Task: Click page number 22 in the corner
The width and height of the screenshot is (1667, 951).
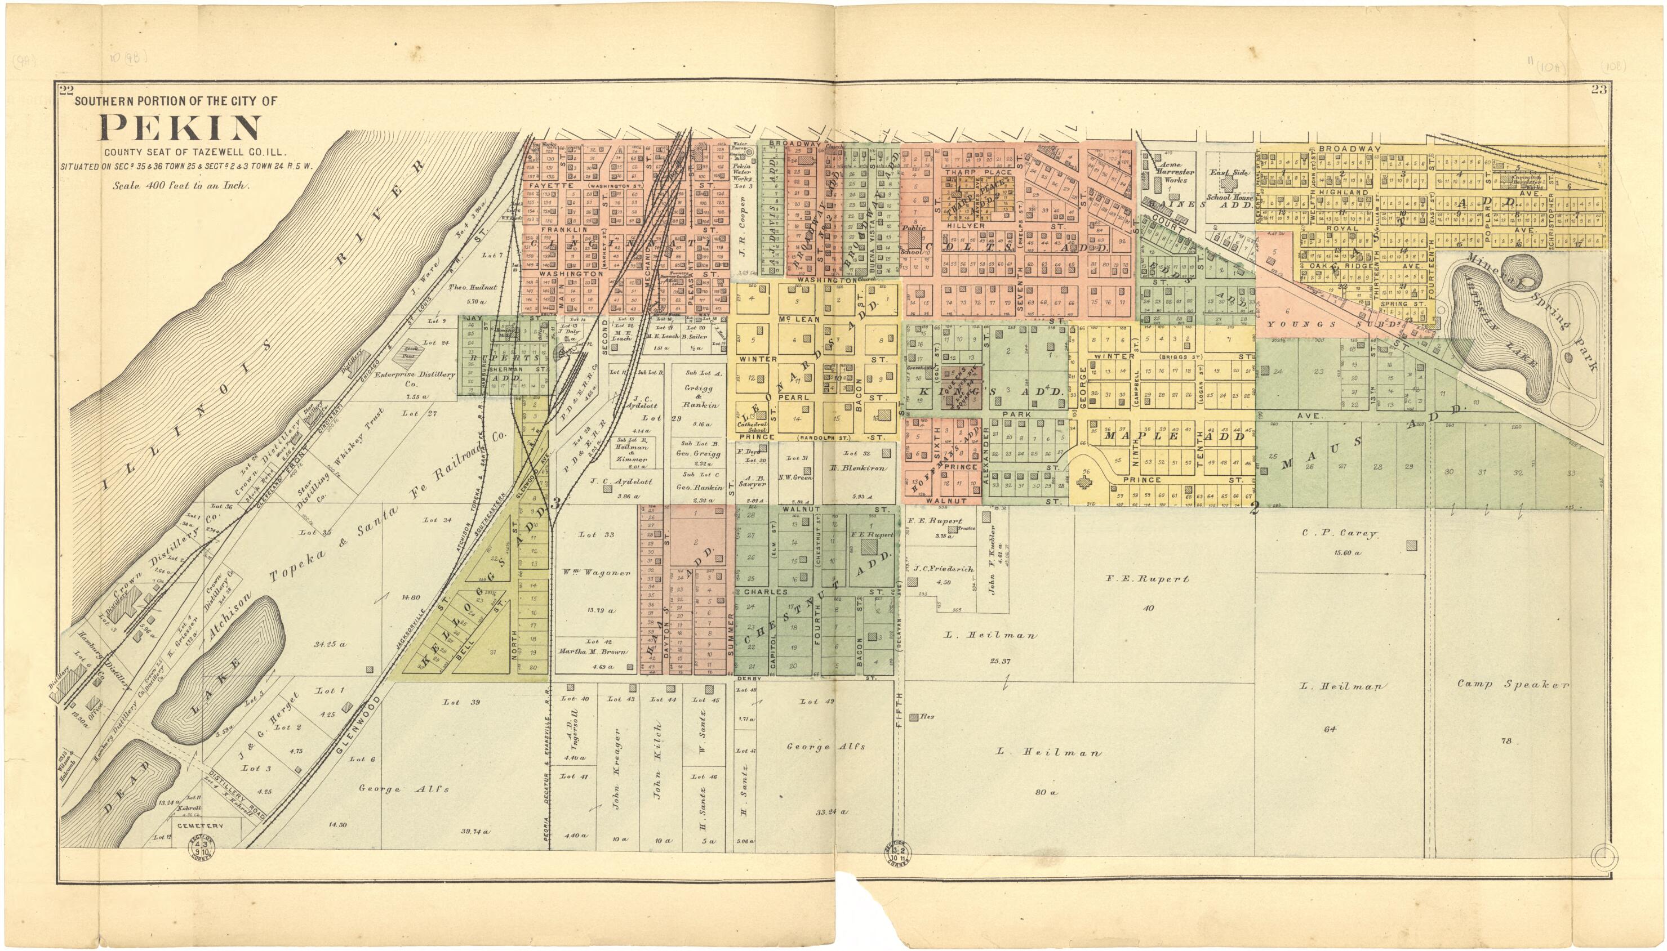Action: (65, 91)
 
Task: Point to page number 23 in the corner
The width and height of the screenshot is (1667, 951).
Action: (1598, 90)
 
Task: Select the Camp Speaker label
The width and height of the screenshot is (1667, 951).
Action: (1512, 685)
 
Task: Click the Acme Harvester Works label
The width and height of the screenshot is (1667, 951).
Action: (1174, 172)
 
